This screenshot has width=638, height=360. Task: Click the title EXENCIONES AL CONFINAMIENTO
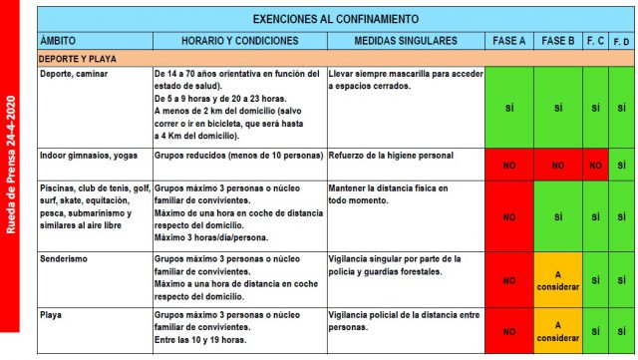click(x=335, y=18)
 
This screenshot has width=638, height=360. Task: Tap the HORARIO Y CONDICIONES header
click(x=238, y=41)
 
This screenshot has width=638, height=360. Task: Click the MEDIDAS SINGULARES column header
click(x=406, y=41)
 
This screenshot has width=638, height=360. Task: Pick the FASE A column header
click(x=508, y=41)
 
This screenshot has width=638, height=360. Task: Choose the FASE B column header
click(x=558, y=41)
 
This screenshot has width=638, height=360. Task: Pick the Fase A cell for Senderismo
click(x=508, y=280)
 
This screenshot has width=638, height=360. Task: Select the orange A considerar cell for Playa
click(x=558, y=330)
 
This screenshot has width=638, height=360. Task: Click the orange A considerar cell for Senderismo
click(x=558, y=280)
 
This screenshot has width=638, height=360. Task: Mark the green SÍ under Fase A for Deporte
click(x=508, y=108)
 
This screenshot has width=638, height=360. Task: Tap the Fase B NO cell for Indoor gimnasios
click(x=558, y=165)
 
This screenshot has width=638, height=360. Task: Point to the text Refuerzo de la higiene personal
click(x=390, y=156)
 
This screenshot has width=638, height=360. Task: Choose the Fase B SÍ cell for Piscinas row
click(x=558, y=215)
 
